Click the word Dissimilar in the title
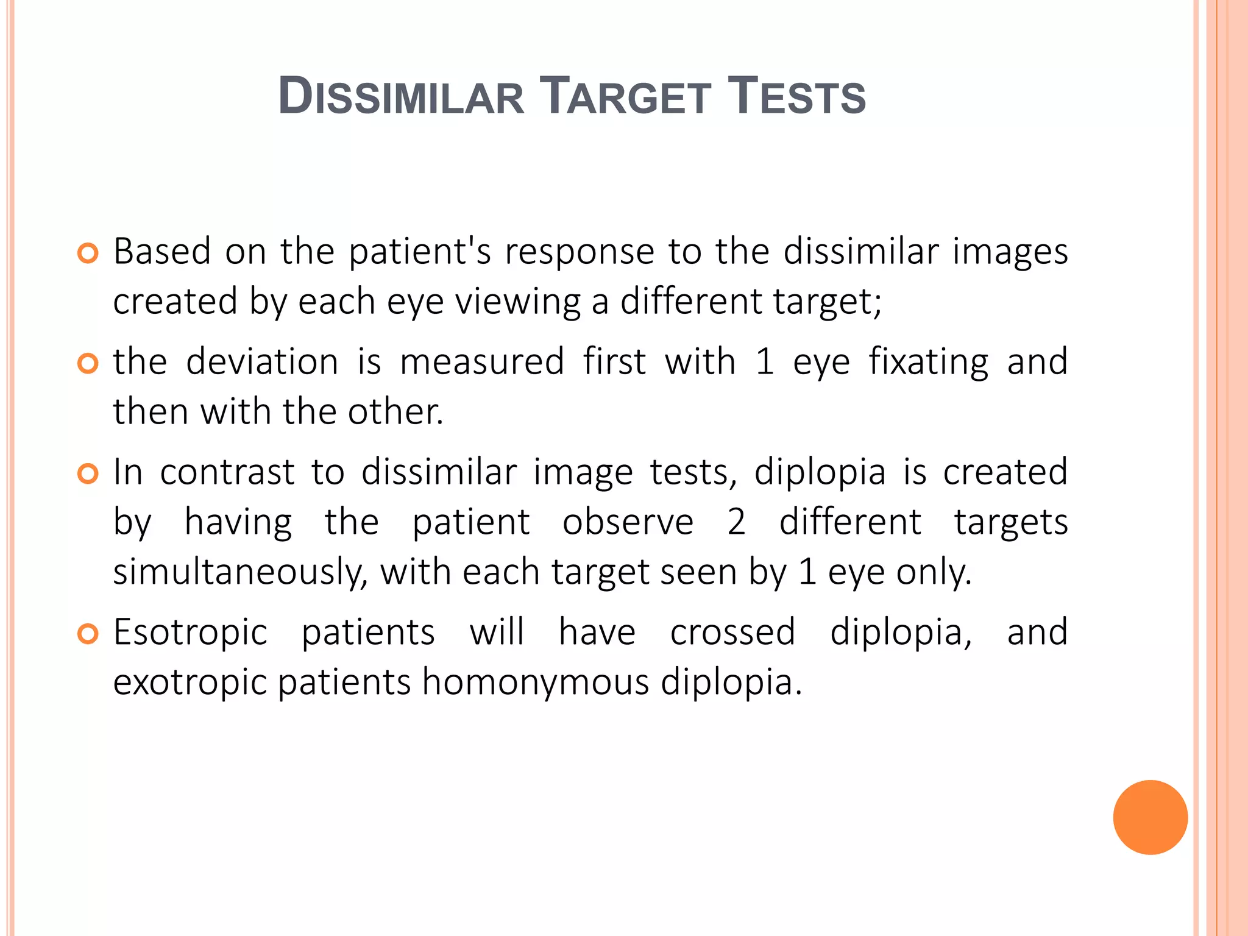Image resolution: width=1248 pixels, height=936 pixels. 401,96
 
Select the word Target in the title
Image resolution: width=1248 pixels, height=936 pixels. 626,96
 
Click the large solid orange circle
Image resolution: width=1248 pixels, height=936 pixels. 1150,817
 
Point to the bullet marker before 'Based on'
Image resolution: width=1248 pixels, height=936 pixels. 88,253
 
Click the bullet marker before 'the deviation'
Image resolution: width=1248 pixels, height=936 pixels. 88,364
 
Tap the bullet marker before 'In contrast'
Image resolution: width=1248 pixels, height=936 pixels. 88,473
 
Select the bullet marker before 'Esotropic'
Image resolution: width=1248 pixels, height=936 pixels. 88,634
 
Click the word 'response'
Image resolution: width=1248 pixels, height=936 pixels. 579,252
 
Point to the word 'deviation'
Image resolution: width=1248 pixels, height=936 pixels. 262,362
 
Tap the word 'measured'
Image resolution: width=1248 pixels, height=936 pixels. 482,362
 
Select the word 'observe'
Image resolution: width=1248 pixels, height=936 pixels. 628,523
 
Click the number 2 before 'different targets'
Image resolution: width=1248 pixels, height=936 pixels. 736,523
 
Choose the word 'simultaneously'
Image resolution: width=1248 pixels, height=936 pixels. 240,573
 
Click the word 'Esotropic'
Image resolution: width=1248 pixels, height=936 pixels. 190,633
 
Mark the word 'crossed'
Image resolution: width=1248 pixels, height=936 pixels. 732,633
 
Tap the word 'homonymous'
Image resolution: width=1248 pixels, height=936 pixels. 536,682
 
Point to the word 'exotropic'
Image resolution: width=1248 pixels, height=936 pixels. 190,682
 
